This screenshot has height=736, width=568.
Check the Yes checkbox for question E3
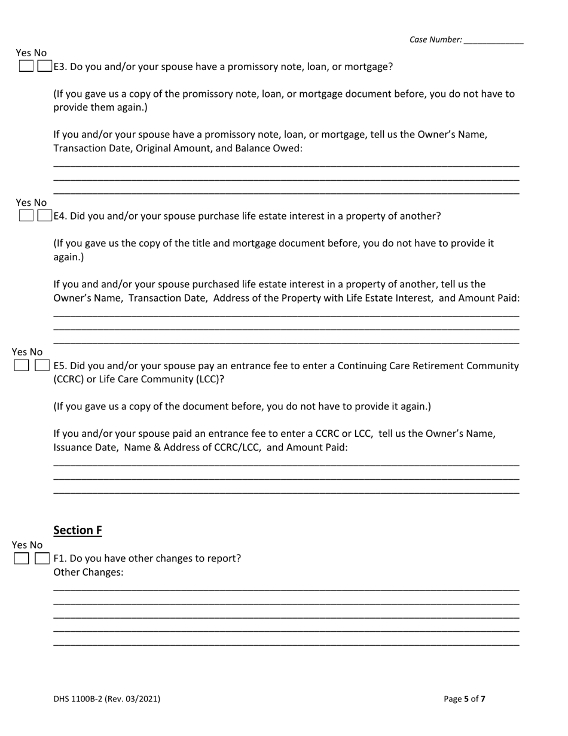coord(26,66)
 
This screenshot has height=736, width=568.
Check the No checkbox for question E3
coord(44,66)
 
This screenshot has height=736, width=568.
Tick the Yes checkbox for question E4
coord(26,215)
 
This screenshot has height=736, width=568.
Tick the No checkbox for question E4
coord(44,215)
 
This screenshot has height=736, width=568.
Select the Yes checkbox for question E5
coord(22,365)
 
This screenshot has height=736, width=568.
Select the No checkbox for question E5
coord(41,365)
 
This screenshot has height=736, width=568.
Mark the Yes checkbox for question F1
coord(22,558)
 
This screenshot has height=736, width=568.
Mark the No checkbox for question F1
coord(41,558)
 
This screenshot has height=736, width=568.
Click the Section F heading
coord(78,530)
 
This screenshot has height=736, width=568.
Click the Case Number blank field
coord(493,40)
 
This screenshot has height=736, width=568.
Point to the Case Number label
coord(435,40)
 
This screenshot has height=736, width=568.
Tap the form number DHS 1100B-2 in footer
coord(78,698)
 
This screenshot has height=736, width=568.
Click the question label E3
coord(60,67)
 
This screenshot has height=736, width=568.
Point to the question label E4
coord(60,216)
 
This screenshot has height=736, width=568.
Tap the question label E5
coord(60,366)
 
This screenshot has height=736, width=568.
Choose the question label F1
coord(60,558)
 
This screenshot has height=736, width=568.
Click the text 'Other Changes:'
coord(88,572)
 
